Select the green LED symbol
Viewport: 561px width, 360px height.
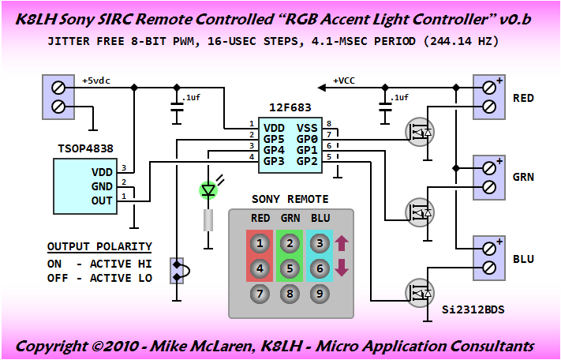click(209, 190)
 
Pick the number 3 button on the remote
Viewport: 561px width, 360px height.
click(320, 243)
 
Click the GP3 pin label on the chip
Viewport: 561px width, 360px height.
click(274, 161)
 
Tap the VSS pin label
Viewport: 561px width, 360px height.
click(307, 126)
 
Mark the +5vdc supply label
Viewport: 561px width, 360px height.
click(98, 81)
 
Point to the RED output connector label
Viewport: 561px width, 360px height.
click(523, 98)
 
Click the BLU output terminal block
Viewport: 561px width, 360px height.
click(488, 257)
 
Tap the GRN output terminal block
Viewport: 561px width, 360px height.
click(488, 177)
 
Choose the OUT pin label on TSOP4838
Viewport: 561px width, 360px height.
click(103, 201)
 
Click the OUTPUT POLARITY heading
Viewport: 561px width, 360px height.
click(99, 246)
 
